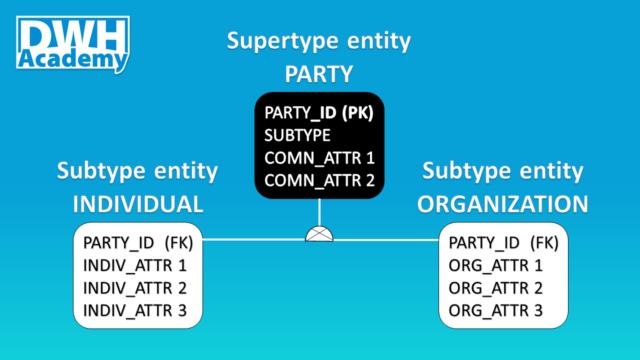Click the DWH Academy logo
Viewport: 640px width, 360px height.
point(73,44)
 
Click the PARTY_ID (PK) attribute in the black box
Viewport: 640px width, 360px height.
point(318,112)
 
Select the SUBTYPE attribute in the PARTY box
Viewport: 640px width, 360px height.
point(297,135)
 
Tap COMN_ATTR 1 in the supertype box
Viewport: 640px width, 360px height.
point(319,158)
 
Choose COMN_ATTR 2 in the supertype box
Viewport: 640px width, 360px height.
point(319,180)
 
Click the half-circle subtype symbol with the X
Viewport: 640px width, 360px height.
point(319,234)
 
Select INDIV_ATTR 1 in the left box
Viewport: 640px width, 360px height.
point(135,265)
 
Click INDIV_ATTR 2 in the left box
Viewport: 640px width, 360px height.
point(135,288)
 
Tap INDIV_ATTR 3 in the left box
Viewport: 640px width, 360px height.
point(135,310)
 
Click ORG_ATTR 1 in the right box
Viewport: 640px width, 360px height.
point(495,265)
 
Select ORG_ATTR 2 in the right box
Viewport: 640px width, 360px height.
point(495,288)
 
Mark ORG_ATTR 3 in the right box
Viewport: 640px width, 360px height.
point(495,310)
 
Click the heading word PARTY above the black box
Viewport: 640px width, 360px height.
point(319,74)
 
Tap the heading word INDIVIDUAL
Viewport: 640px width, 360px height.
point(138,204)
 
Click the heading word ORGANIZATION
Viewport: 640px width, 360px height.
point(503,204)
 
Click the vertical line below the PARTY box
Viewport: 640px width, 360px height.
point(319,212)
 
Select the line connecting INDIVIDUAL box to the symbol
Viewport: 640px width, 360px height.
point(252,239)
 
